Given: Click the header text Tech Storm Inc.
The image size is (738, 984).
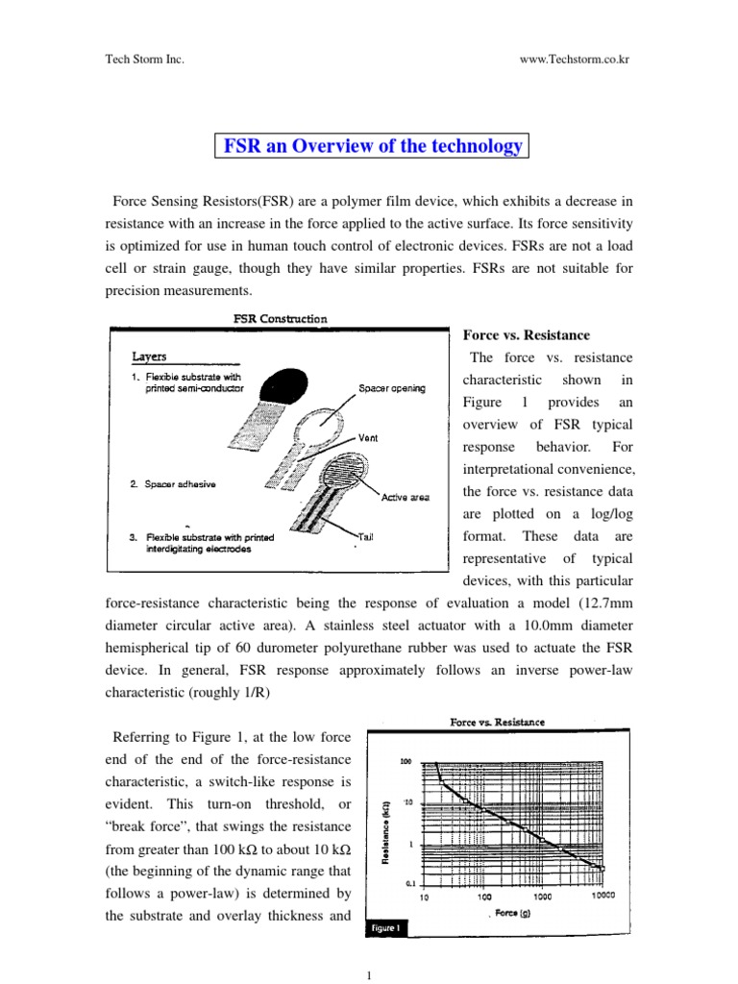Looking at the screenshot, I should pos(143,59).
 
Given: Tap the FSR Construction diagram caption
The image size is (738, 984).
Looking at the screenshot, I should pos(279,319).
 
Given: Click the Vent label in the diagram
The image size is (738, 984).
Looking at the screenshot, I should pos(368,437).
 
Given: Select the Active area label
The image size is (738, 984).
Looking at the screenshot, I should pos(405,497).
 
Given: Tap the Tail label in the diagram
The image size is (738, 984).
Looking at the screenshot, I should pos(366,534).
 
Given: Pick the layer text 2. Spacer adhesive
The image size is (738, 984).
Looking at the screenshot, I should pos(173,484).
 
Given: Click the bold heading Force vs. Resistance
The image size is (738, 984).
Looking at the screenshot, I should pos(527,335).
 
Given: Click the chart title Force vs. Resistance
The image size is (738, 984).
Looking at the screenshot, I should pos(498,722).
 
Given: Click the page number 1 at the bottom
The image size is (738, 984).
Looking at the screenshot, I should pos(369,974).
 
